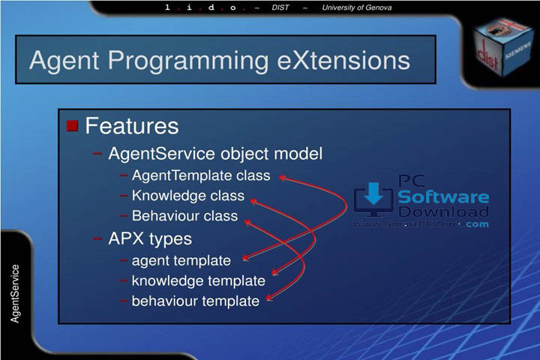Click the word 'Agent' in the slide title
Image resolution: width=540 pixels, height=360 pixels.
tap(65, 61)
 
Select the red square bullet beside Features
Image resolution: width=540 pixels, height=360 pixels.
tap(72, 125)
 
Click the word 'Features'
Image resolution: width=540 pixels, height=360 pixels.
tap(132, 125)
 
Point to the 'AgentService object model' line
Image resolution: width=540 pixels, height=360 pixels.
tap(215, 154)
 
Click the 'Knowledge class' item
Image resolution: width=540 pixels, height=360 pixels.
tap(187, 196)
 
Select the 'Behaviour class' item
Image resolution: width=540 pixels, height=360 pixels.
tap(184, 216)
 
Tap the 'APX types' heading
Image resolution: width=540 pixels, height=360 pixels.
tap(150, 239)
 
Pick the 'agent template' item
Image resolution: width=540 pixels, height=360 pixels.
tap(181, 261)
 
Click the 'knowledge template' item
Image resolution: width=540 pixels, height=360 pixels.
tap(198, 281)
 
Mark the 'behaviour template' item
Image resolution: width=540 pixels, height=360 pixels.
tap(195, 301)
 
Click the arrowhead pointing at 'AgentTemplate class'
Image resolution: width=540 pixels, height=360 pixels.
tap(283, 177)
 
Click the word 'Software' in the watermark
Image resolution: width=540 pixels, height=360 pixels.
tap(442, 198)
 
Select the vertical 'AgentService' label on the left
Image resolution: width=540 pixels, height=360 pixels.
tap(15, 293)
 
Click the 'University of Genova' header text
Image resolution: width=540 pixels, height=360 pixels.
tap(356, 7)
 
